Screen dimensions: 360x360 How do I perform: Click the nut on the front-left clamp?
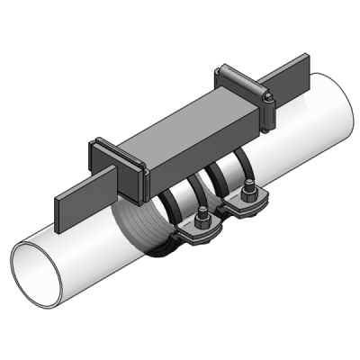(x=205, y=221)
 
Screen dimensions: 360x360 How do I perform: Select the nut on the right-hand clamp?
(x=248, y=195)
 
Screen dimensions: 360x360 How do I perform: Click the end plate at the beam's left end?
(x=132, y=170)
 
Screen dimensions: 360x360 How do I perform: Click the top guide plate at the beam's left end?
(x=117, y=147)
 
